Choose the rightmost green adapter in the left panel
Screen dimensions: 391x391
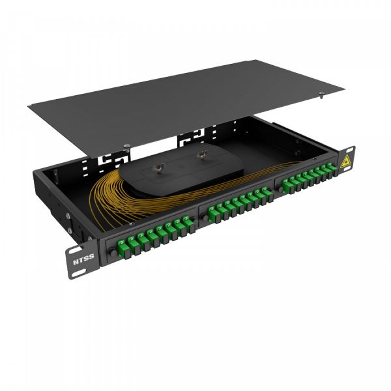(x=189, y=224)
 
